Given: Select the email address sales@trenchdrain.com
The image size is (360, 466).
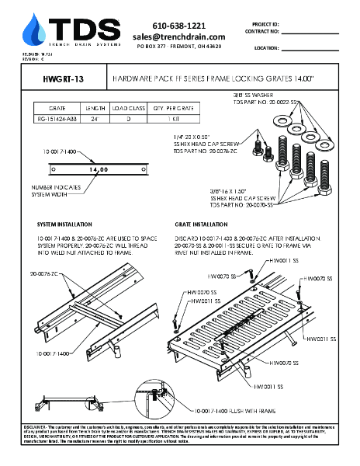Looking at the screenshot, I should tap(178, 37).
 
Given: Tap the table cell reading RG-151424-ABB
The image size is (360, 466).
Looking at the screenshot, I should tap(57, 120).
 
